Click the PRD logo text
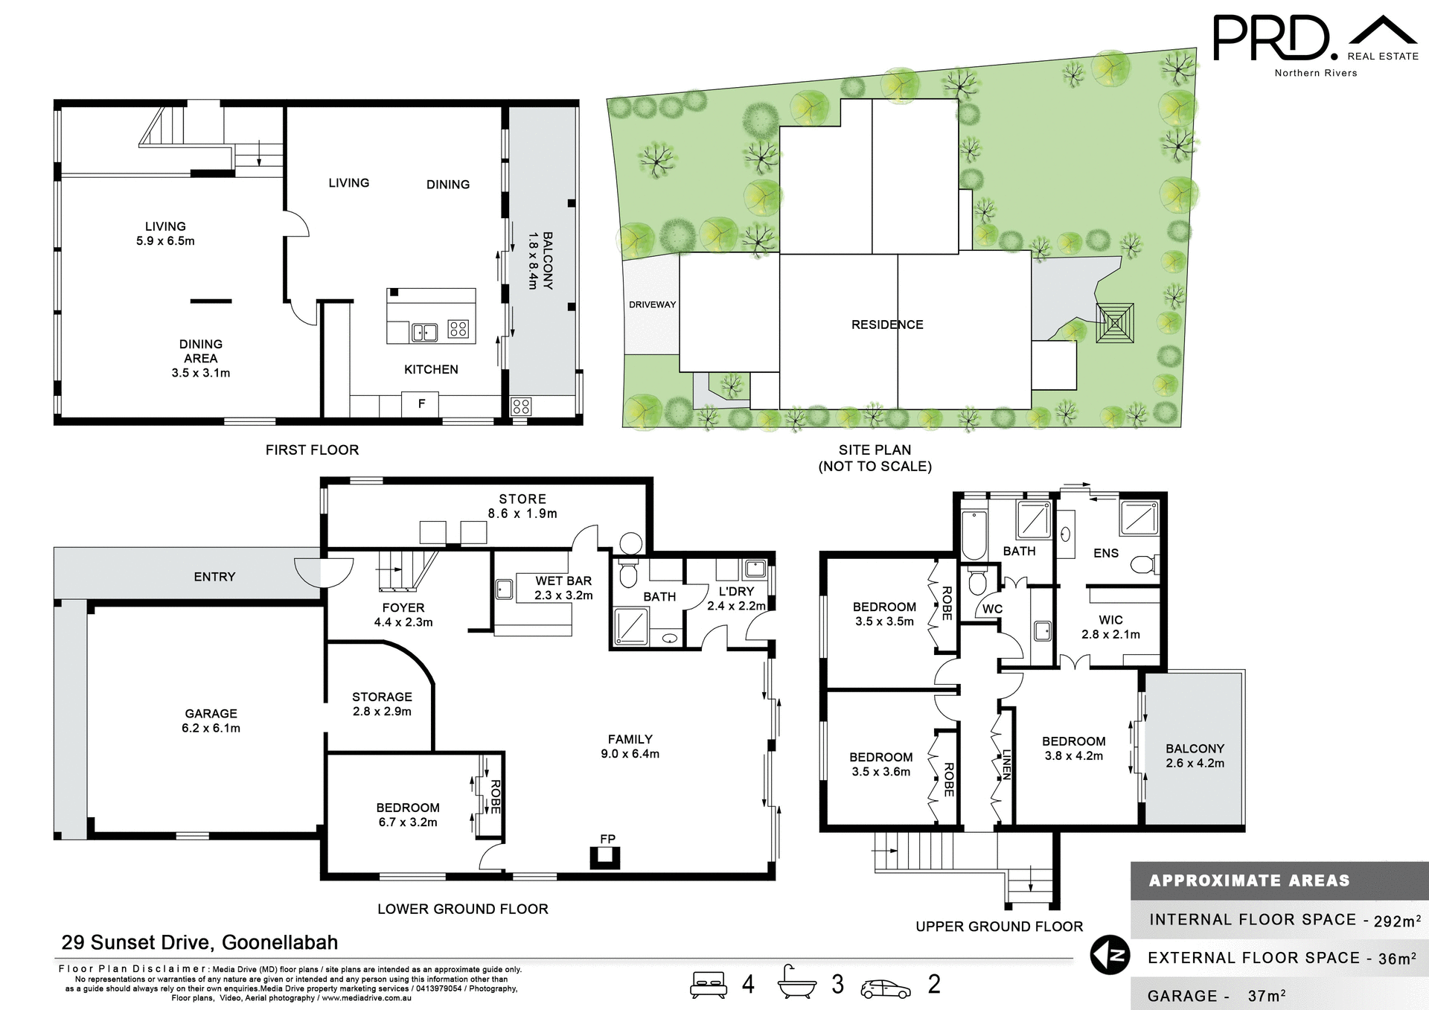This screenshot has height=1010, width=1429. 1271,38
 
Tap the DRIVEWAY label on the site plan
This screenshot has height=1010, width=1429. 652,304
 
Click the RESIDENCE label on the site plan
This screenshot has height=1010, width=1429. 887,325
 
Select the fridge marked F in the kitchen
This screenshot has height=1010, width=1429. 421,404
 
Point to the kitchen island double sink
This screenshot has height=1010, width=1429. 424,332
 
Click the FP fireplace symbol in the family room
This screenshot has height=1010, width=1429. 605,858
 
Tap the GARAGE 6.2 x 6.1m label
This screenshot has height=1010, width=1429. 211,720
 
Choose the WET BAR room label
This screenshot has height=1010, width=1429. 563,587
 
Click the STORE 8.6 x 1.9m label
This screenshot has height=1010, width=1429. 522,506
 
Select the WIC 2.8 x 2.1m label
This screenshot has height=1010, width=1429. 1110,627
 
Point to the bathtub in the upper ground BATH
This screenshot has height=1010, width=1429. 974,534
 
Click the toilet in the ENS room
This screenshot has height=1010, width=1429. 1143,565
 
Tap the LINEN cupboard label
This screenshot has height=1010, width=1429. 1006,764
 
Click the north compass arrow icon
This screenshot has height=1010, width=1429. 1110,956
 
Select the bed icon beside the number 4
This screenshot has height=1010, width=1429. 708,985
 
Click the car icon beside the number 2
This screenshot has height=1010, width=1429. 886,988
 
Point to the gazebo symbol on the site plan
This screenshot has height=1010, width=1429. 1114,322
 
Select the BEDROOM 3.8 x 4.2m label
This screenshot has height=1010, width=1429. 1073,748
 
